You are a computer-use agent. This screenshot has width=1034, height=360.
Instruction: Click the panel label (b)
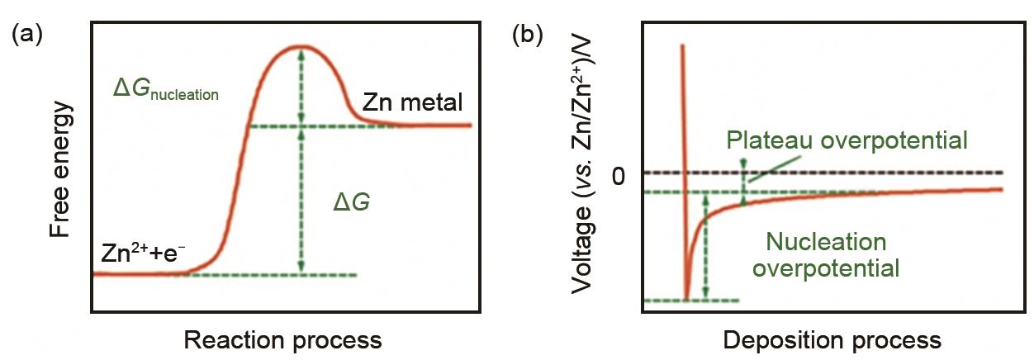[529, 35]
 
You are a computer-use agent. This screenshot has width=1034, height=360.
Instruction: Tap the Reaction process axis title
[282, 340]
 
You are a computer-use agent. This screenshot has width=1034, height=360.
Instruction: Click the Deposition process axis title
[832, 340]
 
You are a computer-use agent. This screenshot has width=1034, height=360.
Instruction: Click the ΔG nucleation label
[166, 90]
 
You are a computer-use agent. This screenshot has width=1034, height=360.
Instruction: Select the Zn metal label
[413, 102]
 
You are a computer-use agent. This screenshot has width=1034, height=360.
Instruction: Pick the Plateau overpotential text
[847, 140]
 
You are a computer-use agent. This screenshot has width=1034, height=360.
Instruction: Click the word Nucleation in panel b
[826, 242]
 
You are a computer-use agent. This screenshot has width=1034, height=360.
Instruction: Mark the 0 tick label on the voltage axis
[622, 175]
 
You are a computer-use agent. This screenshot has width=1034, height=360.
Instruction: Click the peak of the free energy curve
[301, 46]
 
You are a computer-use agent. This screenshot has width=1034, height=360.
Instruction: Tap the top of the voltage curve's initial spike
[682, 46]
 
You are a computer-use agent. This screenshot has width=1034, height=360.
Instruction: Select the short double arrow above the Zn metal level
[301, 86]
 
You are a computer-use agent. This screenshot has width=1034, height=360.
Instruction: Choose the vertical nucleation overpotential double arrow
[704, 246]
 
